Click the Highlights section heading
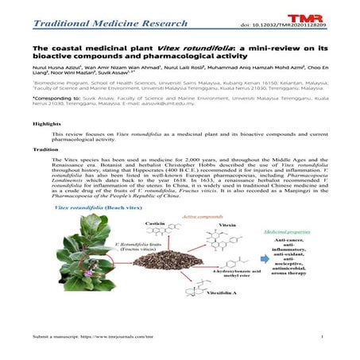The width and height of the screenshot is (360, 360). pos(45,124)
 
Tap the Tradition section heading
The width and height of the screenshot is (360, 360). pos(44,149)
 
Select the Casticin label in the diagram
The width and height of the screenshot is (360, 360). pos(157,225)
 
